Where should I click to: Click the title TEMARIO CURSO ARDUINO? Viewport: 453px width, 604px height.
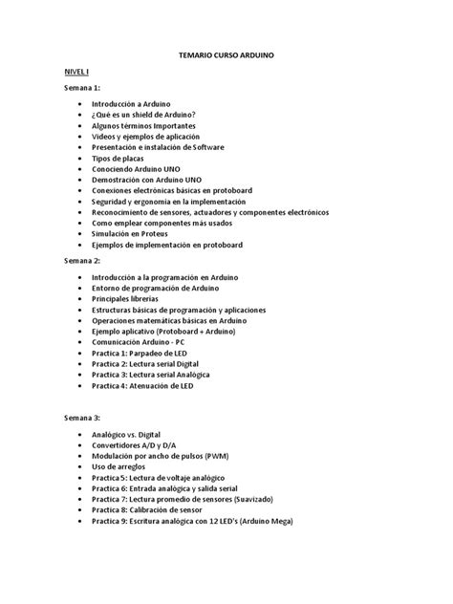tap(226, 57)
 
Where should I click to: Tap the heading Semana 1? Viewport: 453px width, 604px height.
tap(81, 87)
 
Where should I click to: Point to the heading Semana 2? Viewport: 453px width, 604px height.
tap(81, 260)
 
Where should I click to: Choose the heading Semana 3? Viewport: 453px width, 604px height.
tap(81, 419)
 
